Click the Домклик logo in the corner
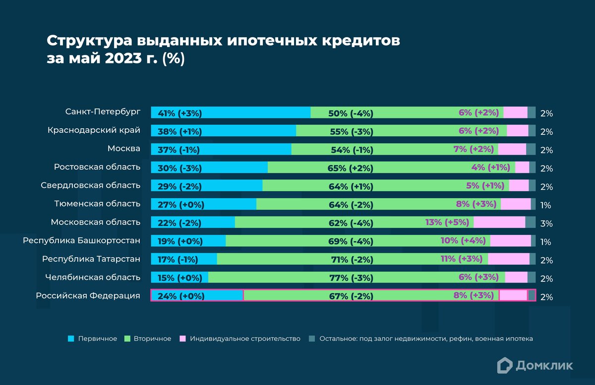(x=535, y=366)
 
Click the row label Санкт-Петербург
(x=103, y=111)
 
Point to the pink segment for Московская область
(x=499, y=222)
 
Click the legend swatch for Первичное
(x=70, y=339)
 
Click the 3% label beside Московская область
(x=546, y=224)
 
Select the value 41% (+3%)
(x=179, y=113)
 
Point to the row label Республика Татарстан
(x=91, y=259)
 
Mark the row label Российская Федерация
(x=88, y=295)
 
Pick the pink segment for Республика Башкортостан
(x=510, y=240)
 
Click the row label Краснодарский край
(x=94, y=130)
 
